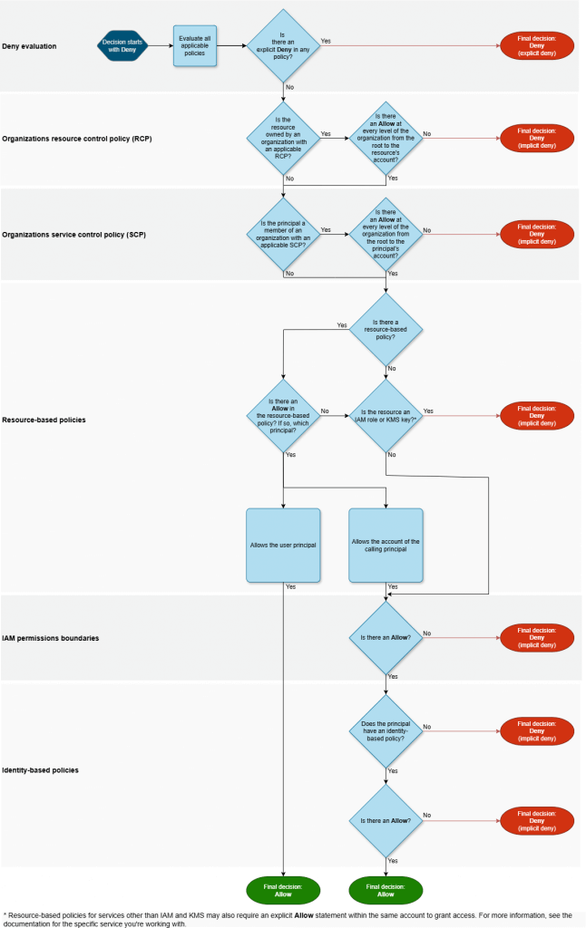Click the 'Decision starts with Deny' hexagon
(x=122, y=46)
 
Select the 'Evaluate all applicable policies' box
(x=195, y=46)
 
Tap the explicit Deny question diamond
(x=283, y=46)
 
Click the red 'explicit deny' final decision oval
(x=537, y=46)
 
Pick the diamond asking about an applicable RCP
(x=283, y=139)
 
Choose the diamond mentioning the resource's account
(x=386, y=139)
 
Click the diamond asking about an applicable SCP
(x=283, y=235)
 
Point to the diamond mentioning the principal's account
(x=386, y=235)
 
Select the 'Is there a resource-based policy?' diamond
(x=386, y=330)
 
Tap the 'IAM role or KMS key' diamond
(x=386, y=416)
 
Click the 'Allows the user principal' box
(x=283, y=546)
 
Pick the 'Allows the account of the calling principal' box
(x=386, y=546)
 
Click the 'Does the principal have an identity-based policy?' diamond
(x=386, y=731)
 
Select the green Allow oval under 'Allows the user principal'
(x=283, y=891)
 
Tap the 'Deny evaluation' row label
(x=30, y=46)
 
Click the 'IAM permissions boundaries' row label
(x=51, y=638)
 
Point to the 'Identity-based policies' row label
(x=40, y=770)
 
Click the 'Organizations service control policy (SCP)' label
(x=74, y=235)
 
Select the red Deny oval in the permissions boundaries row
(x=537, y=638)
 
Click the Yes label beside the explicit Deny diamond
(x=326, y=41)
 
